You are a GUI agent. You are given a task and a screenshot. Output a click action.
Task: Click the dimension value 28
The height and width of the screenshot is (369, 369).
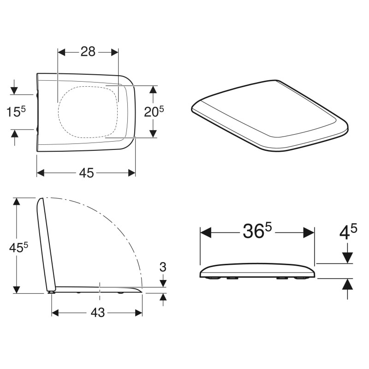click(88, 52)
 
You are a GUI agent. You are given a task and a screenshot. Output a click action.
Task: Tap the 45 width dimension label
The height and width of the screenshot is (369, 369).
click(86, 173)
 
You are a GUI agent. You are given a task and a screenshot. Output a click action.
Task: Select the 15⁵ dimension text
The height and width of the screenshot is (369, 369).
click(16, 112)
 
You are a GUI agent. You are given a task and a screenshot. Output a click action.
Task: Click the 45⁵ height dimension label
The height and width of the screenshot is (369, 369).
click(19, 247)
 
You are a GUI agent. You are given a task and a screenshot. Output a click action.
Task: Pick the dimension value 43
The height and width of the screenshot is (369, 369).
click(97, 313)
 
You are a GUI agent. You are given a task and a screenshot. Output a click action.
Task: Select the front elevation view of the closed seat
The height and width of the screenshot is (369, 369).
click(257, 272)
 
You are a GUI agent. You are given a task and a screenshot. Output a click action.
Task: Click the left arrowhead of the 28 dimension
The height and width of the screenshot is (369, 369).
click(61, 52)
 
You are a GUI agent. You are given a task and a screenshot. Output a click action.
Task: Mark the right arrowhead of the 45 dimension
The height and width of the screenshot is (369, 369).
click(131, 173)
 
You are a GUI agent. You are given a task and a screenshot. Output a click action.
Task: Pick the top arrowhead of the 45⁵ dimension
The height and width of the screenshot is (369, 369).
click(17, 202)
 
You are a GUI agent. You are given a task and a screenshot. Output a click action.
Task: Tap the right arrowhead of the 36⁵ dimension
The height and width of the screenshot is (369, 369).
click(309, 232)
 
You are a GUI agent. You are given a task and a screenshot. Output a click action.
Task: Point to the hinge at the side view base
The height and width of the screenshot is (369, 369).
click(50, 291)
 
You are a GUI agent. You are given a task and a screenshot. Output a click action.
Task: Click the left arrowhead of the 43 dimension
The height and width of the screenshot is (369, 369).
click(55, 313)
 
